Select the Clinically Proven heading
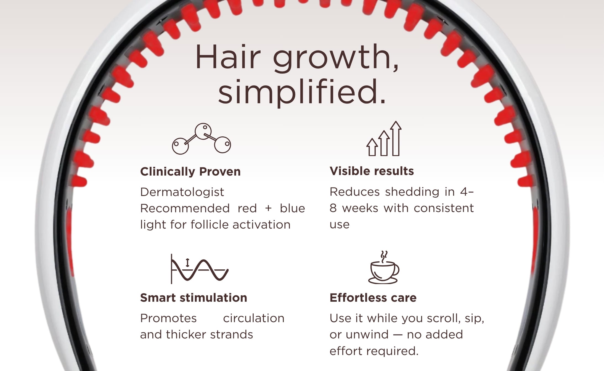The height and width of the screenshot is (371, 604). click(x=190, y=172)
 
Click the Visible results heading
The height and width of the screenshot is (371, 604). click(x=372, y=171)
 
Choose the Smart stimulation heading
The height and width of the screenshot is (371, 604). click(x=194, y=298)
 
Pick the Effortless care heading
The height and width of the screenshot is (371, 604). click(x=373, y=298)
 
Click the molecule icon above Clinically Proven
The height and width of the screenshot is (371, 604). click(x=202, y=139)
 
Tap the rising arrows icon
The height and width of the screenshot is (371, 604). click(x=384, y=139)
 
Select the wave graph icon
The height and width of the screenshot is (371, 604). click(x=200, y=269)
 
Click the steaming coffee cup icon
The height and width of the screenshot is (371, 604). click(x=384, y=267)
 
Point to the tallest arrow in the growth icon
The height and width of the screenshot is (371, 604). click(x=396, y=139)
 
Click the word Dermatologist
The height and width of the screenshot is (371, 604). click(x=182, y=192)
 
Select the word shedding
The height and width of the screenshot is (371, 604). click(x=412, y=192)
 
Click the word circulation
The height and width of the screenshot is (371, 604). click(x=254, y=318)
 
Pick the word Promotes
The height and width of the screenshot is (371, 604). click(x=168, y=318)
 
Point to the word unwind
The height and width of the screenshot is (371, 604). click(x=367, y=335)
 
